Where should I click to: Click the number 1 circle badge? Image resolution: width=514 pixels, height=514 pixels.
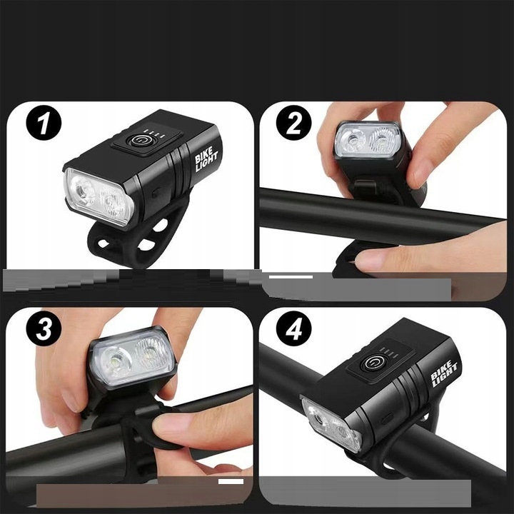[x=44, y=123]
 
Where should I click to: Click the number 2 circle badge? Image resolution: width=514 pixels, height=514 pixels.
[x=293, y=123]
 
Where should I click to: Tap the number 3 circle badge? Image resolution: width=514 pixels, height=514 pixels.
[x=44, y=328]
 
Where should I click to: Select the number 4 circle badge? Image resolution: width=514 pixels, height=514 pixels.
[x=293, y=328]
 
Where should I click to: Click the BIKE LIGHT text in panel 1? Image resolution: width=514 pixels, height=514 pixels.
[x=206, y=159]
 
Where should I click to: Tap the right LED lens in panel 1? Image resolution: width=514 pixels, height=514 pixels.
[x=113, y=203]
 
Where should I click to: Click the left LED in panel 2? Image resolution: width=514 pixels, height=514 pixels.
[x=352, y=141]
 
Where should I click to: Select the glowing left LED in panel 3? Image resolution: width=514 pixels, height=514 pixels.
[x=115, y=361]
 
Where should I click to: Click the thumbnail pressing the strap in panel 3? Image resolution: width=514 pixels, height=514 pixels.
[x=168, y=423]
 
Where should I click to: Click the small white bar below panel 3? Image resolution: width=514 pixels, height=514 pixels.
[x=231, y=481]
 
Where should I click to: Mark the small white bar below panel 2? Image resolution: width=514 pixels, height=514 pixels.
[x=291, y=277]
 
